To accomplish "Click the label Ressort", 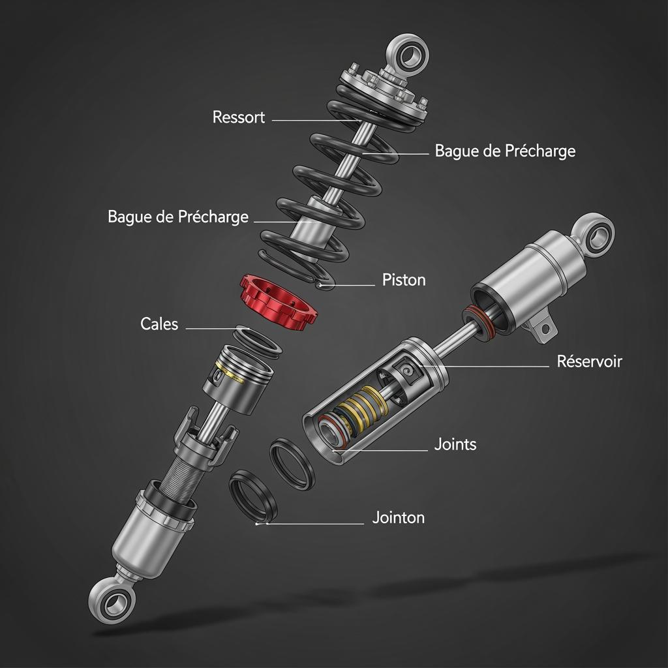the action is [x=239, y=117].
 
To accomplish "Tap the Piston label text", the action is [x=403, y=280].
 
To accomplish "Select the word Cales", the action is [x=159, y=324].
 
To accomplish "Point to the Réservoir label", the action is [x=589, y=361].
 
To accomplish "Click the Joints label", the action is [x=455, y=444].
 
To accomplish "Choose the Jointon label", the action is [x=399, y=517].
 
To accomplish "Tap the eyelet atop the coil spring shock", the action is [x=408, y=55].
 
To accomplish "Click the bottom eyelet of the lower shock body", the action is [x=112, y=601].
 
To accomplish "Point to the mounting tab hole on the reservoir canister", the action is [x=543, y=329].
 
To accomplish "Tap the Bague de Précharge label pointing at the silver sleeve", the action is [x=178, y=217].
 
